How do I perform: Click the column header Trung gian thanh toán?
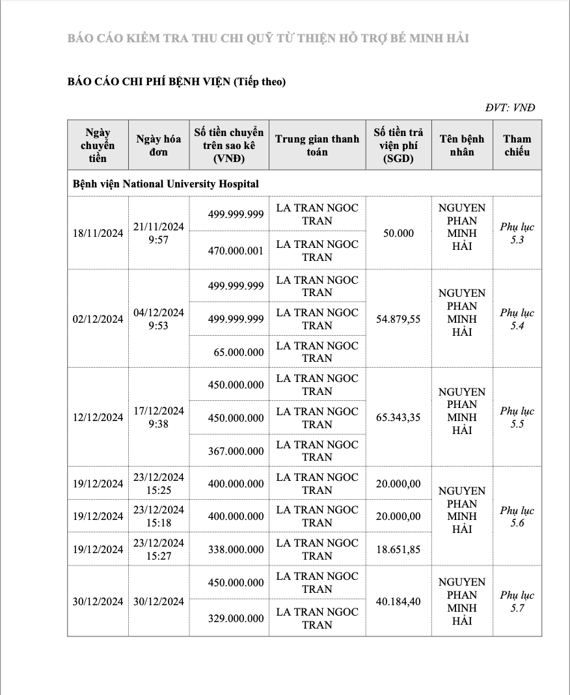point(317,145)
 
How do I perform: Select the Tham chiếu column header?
point(517,145)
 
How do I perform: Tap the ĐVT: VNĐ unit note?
point(510,107)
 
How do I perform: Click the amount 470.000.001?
point(236,251)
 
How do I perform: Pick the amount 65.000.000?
point(239,352)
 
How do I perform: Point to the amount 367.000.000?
point(236,451)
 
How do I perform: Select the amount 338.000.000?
point(236,549)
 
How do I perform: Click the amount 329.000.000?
point(236,618)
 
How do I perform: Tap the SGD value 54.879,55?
point(398,319)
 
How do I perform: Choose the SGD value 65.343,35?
point(398,417)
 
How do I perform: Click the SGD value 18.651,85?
point(398,549)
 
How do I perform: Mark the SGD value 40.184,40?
point(398,601)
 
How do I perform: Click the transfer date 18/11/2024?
point(98,233)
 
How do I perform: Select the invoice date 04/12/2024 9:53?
point(159,319)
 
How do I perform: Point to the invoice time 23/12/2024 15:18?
point(159,516)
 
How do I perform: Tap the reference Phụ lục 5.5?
point(517,417)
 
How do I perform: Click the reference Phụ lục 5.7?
point(517,601)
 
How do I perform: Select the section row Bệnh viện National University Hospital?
point(165,184)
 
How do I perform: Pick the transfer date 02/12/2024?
point(98,319)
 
